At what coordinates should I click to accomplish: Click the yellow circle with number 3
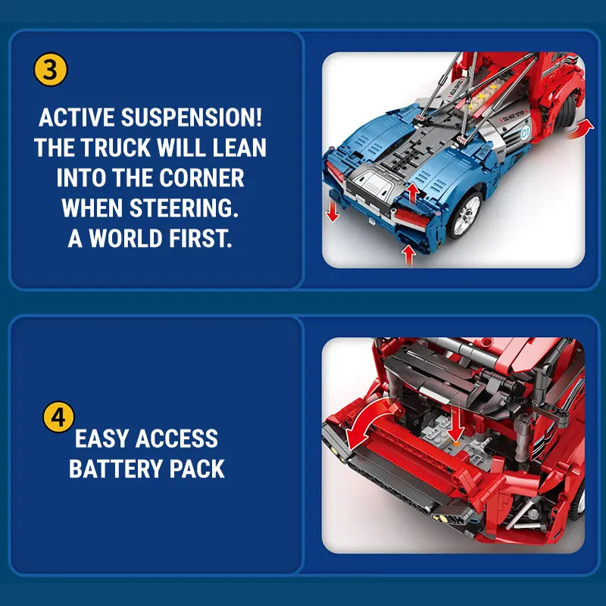point(51,70)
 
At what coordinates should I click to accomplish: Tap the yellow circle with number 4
point(58,417)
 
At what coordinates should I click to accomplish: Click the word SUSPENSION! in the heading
point(192,117)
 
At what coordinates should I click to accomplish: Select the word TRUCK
point(116,147)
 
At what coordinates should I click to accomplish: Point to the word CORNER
point(201,177)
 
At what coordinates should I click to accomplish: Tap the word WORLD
point(126,238)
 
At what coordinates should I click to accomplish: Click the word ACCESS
point(176,439)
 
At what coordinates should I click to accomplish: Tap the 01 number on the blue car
point(526,132)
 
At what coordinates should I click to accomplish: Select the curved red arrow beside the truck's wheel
point(582,129)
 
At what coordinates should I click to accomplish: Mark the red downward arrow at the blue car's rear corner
point(332,211)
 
